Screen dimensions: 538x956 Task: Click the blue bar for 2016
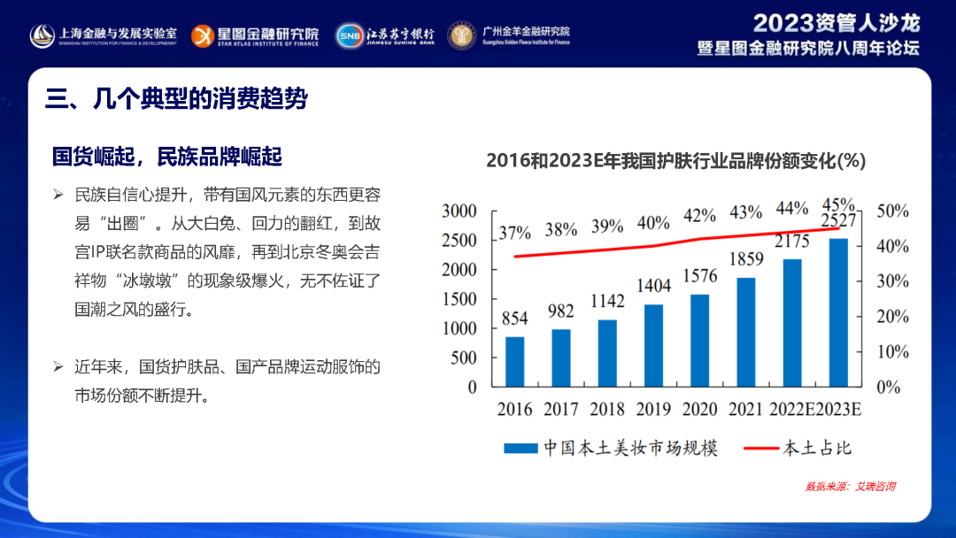coord(514,361)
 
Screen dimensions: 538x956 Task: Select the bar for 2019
coord(653,345)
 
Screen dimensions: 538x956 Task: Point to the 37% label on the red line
coord(514,233)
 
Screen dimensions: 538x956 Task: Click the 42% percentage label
coord(699,215)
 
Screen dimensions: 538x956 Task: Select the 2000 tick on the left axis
coord(459,269)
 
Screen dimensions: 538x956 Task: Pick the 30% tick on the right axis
coord(891,281)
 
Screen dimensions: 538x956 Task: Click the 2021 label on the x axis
coord(745,410)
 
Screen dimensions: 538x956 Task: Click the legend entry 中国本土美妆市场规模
coord(611,448)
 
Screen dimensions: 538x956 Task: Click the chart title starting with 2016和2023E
coord(675,160)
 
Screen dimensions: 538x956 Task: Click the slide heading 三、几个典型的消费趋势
coord(177,98)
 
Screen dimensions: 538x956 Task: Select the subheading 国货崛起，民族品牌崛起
coord(167,157)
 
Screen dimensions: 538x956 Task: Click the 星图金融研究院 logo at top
coord(257,35)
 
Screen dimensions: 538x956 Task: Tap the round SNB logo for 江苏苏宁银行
coord(348,35)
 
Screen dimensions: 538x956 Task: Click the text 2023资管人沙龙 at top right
coord(836,23)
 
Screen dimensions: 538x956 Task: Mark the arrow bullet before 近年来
coord(58,365)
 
